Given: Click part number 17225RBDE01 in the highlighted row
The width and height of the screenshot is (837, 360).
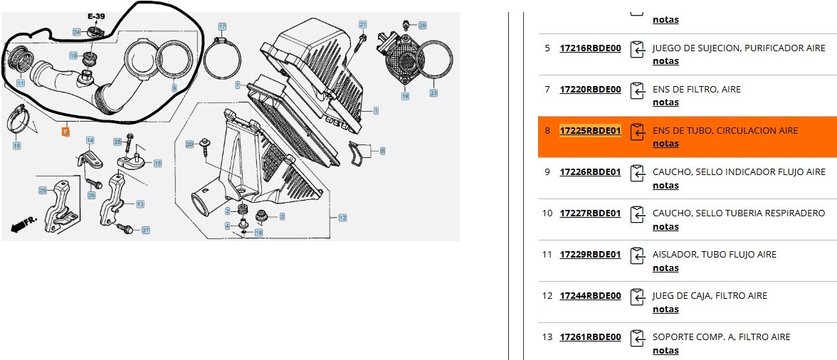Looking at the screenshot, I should pyautogui.click(x=590, y=131).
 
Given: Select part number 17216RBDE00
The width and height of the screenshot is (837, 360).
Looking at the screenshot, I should pyautogui.click(x=590, y=48).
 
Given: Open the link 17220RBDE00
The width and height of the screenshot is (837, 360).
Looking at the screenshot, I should pyautogui.click(x=590, y=90).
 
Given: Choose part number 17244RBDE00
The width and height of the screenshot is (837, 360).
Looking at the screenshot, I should pyautogui.click(x=590, y=296).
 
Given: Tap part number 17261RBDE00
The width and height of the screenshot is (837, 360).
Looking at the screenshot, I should pyautogui.click(x=590, y=337).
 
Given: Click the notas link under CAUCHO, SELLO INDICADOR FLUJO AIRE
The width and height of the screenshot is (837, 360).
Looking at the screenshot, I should pyautogui.click(x=665, y=186).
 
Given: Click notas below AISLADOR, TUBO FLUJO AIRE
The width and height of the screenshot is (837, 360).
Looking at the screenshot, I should pyautogui.click(x=665, y=268).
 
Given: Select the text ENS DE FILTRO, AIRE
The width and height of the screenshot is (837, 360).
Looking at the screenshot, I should pyautogui.click(x=696, y=90).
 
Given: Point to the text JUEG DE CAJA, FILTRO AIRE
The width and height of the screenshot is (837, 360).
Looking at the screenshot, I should pyautogui.click(x=710, y=296).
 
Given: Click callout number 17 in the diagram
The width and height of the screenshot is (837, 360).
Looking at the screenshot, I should pyautogui.click(x=222, y=27).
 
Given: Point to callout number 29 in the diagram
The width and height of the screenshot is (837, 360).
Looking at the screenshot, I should pyautogui.click(x=43, y=190).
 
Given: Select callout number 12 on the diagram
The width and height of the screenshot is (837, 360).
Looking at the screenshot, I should pyautogui.click(x=342, y=218).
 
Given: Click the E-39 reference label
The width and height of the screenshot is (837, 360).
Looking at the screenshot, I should pyautogui.click(x=96, y=16).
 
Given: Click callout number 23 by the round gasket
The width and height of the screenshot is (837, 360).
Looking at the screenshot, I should pyautogui.click(x=433, y=93).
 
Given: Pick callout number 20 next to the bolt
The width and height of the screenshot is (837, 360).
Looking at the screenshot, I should pyautogui.click(x=189, y=144).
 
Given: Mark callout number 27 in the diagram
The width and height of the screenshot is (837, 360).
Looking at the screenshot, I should pyautogui.click(x=145, y=231).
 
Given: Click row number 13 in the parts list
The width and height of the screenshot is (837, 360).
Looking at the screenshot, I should pyautogui.click(x=547, y=337).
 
